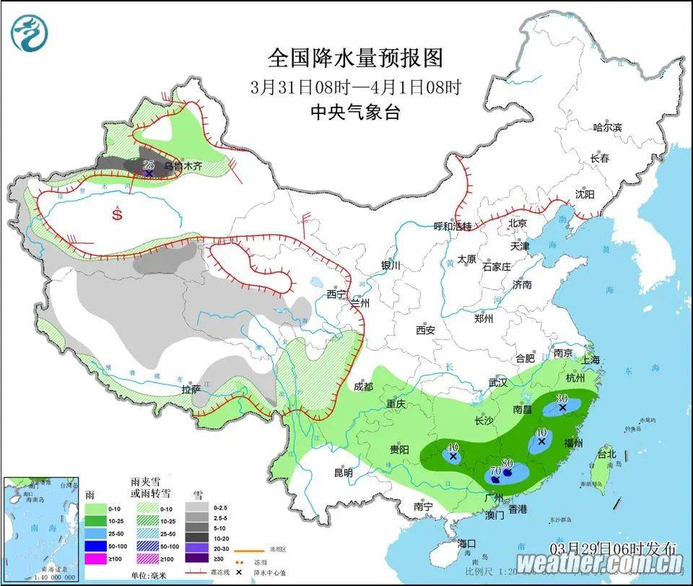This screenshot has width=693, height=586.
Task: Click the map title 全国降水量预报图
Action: (355, 57)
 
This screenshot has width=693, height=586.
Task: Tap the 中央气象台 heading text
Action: (355, 112)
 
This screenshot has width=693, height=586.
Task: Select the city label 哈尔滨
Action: (606, 127)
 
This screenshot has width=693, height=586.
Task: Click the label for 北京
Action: (518, 223)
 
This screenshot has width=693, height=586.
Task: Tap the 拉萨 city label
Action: (191, 389)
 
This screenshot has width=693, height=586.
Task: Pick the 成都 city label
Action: (364, 387)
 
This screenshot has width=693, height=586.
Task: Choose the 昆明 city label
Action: (343, 473)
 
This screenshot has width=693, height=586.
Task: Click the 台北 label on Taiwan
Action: (606, 455)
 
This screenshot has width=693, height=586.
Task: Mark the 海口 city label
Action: (467, 543)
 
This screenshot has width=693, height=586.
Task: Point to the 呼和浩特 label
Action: (452, 226)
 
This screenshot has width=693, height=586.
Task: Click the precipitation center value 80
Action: (507, 463)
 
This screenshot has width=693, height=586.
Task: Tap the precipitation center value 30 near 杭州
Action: (562, 398)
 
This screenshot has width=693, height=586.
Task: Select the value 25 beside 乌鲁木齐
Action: (149, 165)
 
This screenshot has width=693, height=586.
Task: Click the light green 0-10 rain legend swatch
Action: (95, 508)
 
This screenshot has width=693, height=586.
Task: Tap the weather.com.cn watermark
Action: (599, 563)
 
